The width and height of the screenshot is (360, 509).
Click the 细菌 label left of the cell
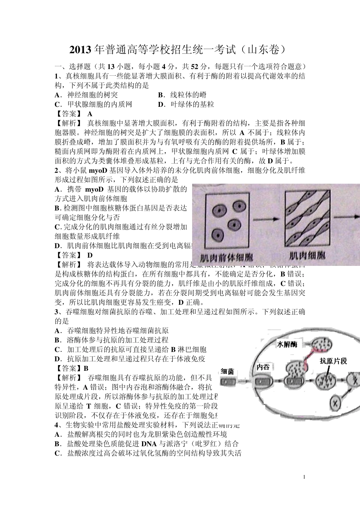227,371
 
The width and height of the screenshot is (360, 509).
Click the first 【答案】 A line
74,114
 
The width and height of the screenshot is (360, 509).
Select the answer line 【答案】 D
74,255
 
